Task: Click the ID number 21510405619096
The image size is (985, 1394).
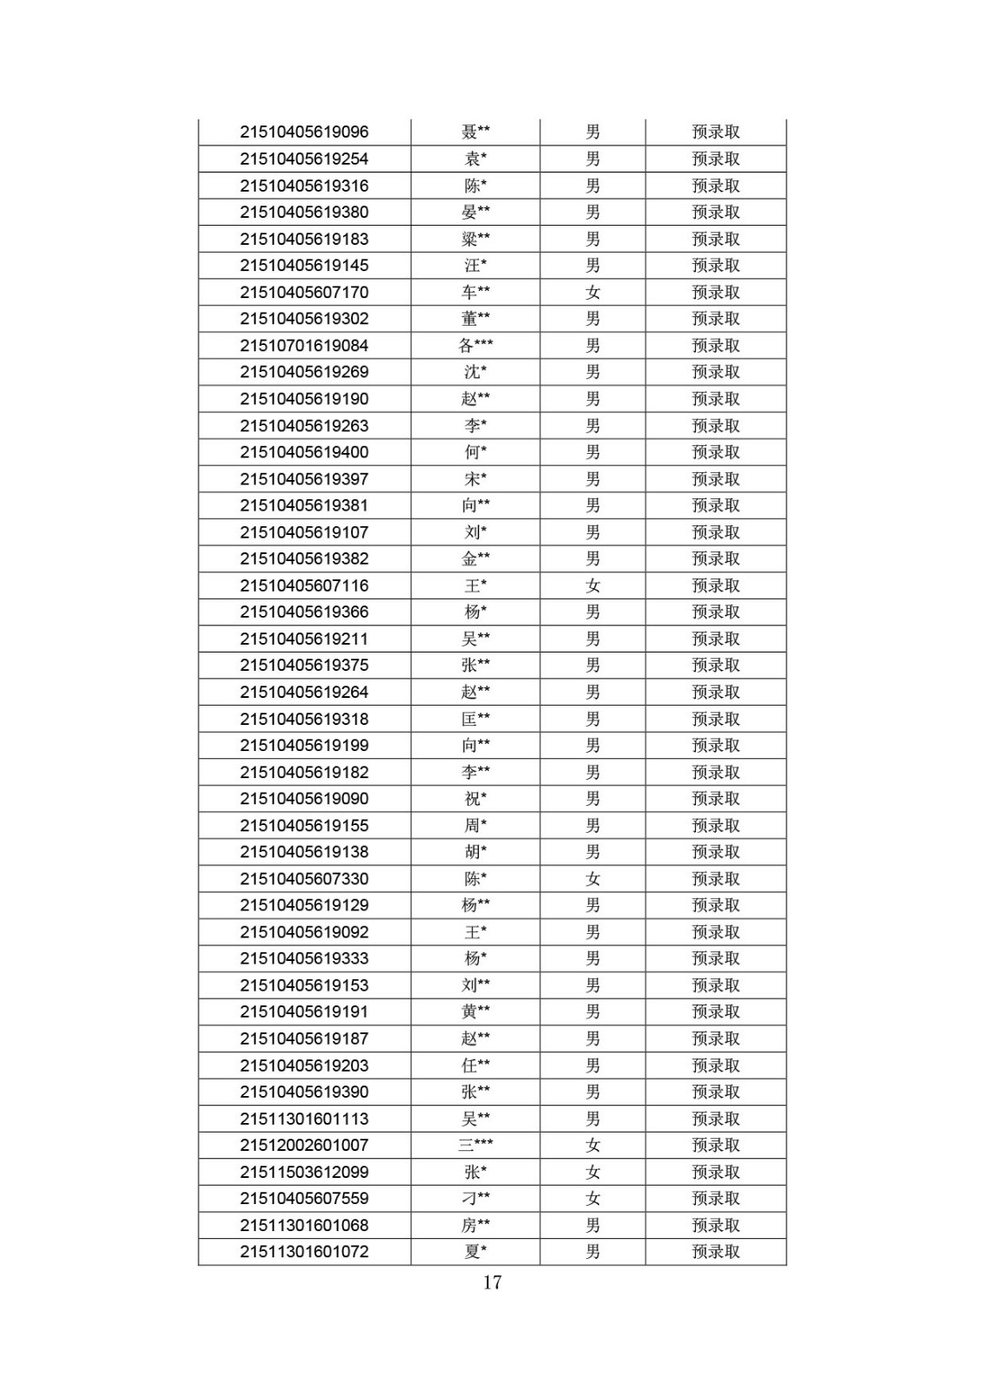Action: tap(304, 132)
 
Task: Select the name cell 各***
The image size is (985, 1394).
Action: tap(476, 346)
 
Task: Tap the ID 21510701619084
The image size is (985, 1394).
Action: tap(304, 346)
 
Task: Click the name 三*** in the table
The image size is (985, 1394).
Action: tap(476, 1146)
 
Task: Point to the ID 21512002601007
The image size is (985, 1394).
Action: tap(304, 1146)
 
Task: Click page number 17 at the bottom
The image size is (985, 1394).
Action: tap(492, 1282)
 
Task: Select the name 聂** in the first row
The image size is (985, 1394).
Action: tap(476, 132)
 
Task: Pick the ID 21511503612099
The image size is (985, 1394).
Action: tap(304, 1172)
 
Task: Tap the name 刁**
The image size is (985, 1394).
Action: tap(476, 1199)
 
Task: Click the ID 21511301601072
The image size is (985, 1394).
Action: tap(304, 1252)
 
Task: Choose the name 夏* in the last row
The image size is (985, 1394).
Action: tap(476, 1252)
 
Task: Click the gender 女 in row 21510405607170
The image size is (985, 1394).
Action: tap(593, 293)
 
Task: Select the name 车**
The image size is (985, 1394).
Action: tap(476, 293)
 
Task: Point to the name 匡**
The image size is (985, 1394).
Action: tap(476, 719)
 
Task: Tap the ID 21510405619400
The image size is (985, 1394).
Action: tap(304, 452)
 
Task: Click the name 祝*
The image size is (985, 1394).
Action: tap(476, 799)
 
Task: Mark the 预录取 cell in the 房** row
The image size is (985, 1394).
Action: tap(716, 1226)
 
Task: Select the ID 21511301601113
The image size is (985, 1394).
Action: tap(304, 1119)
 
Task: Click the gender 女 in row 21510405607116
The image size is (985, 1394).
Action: tap(593, 585)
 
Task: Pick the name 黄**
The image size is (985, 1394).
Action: tap(476, 1012)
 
